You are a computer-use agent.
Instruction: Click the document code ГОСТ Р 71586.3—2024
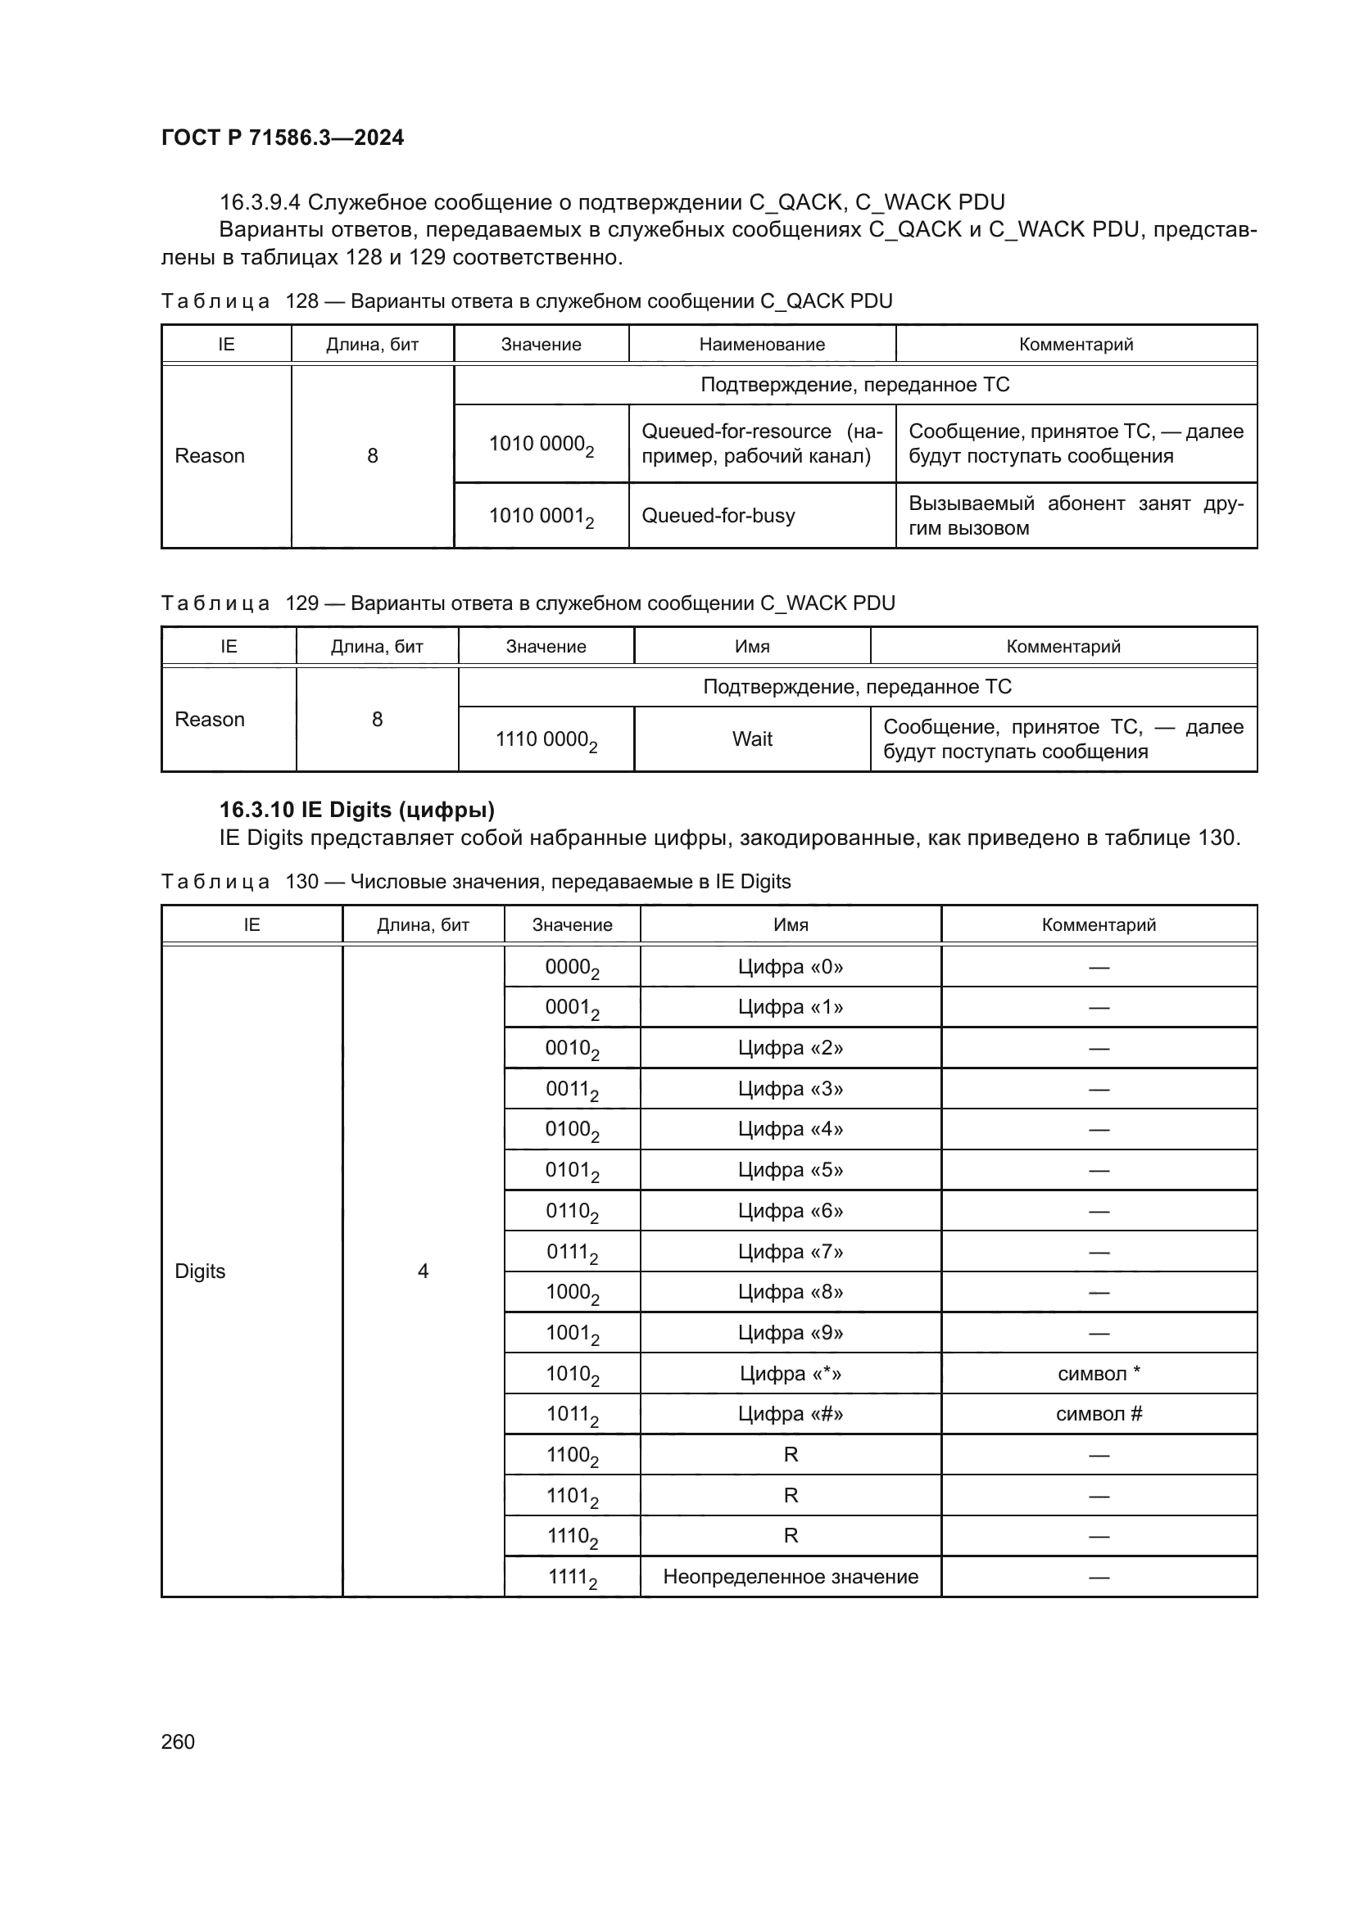tap(282, 138)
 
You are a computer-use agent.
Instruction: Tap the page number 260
tap(178, 1741)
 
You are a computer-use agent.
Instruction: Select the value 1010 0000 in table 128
tap(540, 445)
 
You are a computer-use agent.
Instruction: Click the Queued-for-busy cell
tap(718, 516)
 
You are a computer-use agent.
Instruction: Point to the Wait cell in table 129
tap(752, 739)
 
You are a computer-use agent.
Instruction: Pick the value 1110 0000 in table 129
tap(545, 740)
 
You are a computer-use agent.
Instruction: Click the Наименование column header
tap(762, 345)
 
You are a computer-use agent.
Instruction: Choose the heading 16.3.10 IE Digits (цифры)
tap(356, 810)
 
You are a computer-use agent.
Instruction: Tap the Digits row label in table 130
tap(200, 1271)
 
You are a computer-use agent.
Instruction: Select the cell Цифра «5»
tap(790, 1170)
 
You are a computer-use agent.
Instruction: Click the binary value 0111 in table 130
tap(572, 1253)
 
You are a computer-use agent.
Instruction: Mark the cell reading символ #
tap(1099, 1414)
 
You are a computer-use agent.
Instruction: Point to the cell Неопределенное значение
tap(790, 1576)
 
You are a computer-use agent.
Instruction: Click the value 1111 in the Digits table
tap(572, 1577)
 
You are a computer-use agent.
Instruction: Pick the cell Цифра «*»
tap(790, 1374)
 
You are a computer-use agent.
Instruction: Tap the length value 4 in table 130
tap(423, 1271)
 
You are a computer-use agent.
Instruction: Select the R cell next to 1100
tap(790, 1455)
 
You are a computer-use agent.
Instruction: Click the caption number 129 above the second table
tap(302, 603)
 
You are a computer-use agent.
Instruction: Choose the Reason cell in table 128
tap(210, 456)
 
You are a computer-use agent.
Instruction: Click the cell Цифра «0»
tap(790, 967)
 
